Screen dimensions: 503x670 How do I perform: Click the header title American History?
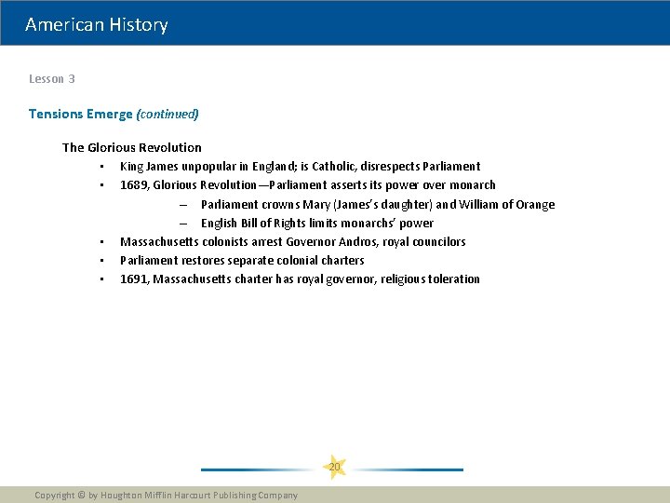(x=97, y=25)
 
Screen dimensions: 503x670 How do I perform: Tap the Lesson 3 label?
(x=52, y=79)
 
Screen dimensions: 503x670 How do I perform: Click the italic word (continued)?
(x=167, y=115)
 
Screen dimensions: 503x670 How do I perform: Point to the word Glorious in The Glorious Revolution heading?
(x=114, y=147)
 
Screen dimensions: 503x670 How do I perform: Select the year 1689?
(x=134, y=185)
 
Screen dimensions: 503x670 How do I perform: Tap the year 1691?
(x=134, y=279)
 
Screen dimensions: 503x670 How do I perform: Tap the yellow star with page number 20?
(x=334, y=467)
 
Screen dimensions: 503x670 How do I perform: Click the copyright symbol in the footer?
(x=81, y=496)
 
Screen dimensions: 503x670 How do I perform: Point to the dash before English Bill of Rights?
(x=183, y=223)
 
